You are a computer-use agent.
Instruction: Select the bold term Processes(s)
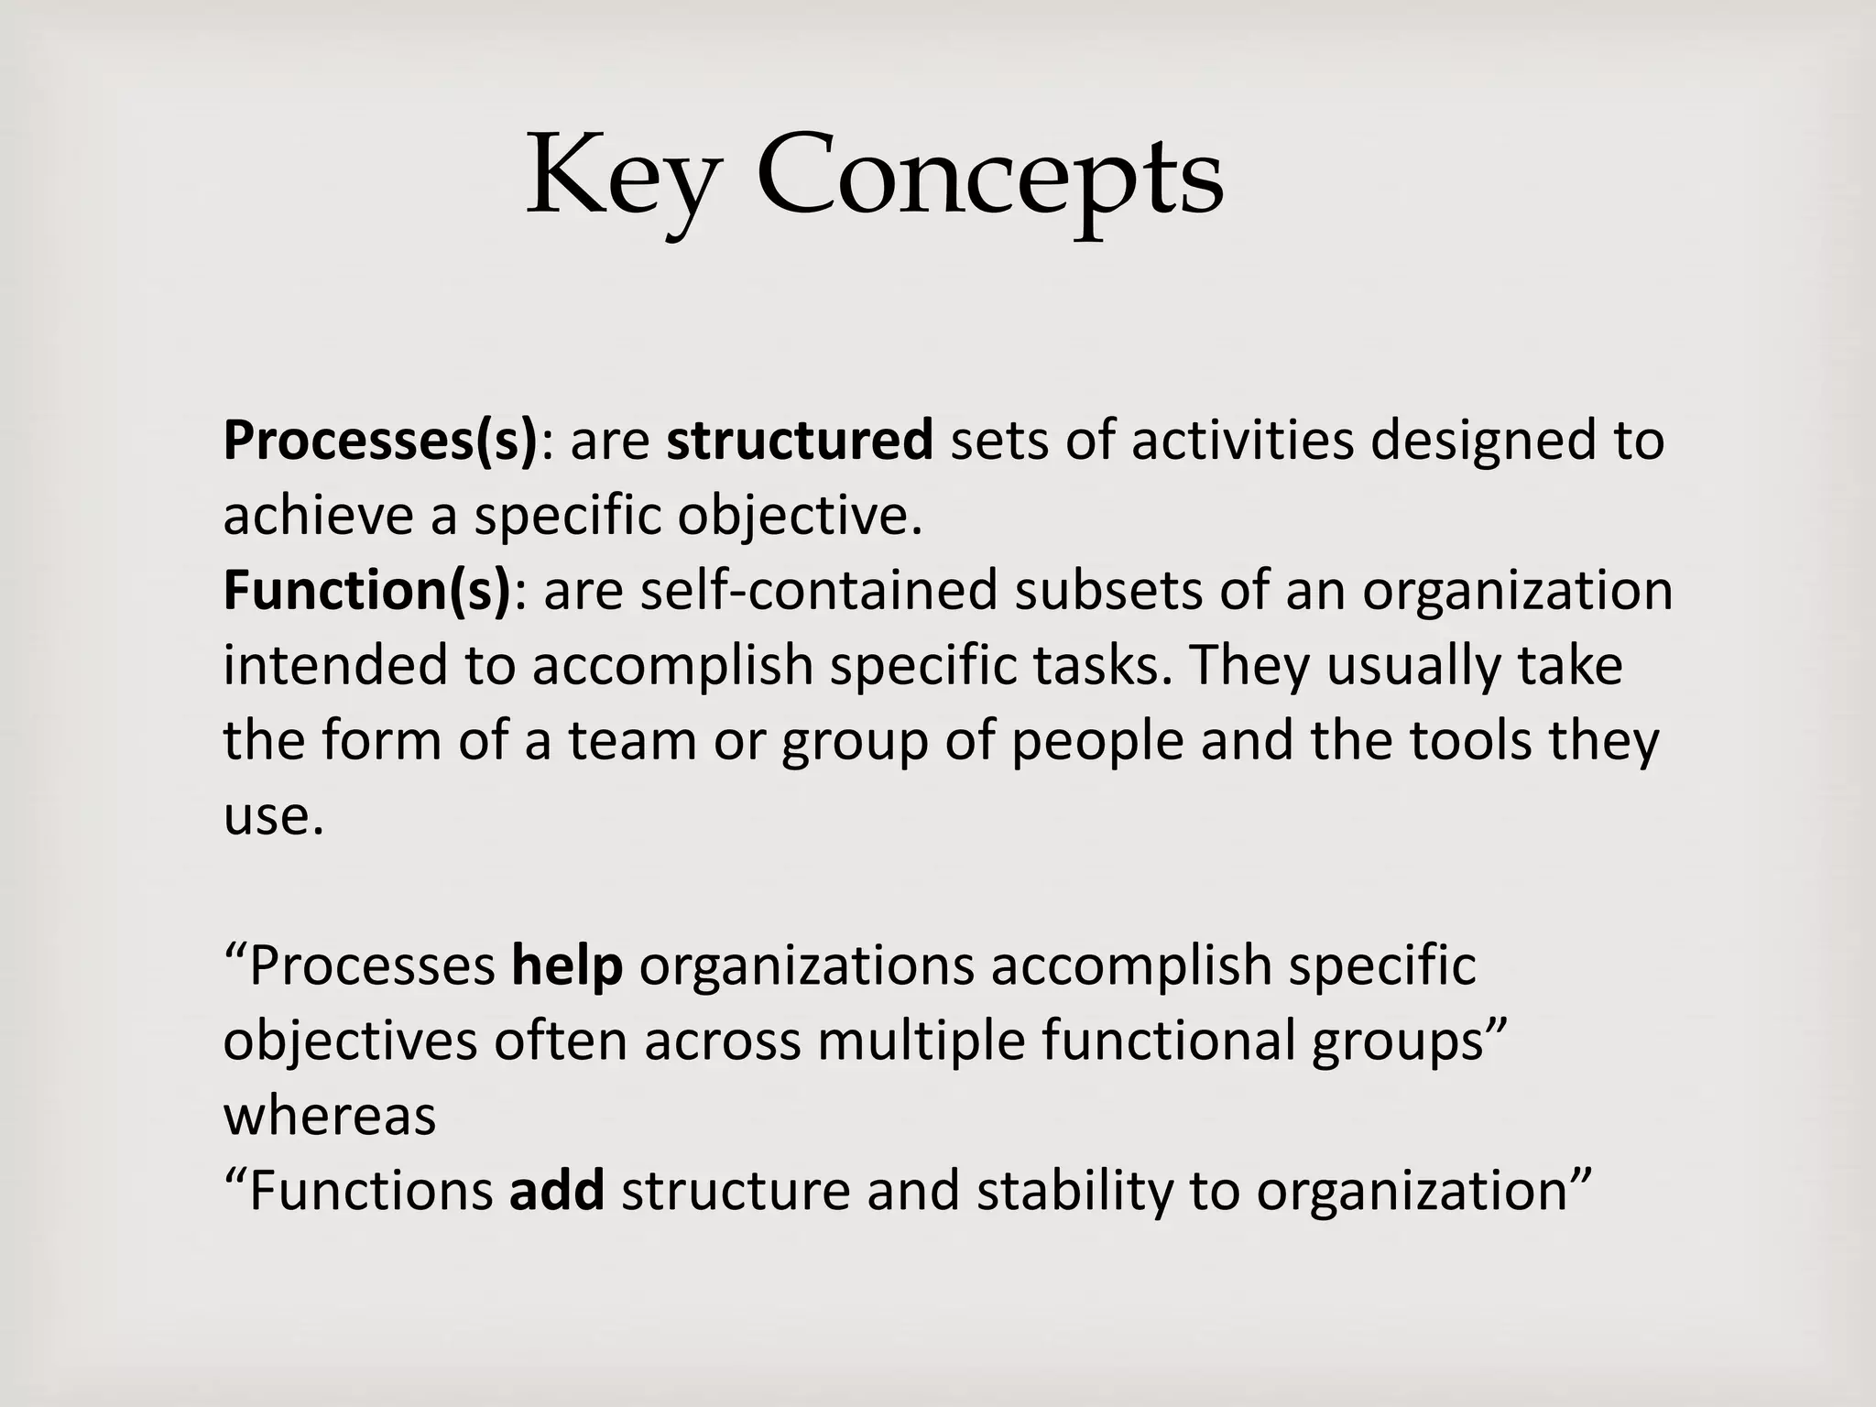tap(380, 441)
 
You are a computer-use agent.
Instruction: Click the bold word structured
tap(800, 441)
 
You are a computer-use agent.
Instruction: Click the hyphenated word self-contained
tap(818, 591)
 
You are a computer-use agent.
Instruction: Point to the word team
tap(632, 741)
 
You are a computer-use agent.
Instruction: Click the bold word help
tap(567, 966)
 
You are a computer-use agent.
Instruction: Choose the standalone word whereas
tap(330, 1117)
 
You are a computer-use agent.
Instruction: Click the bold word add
tap(557, 1192)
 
